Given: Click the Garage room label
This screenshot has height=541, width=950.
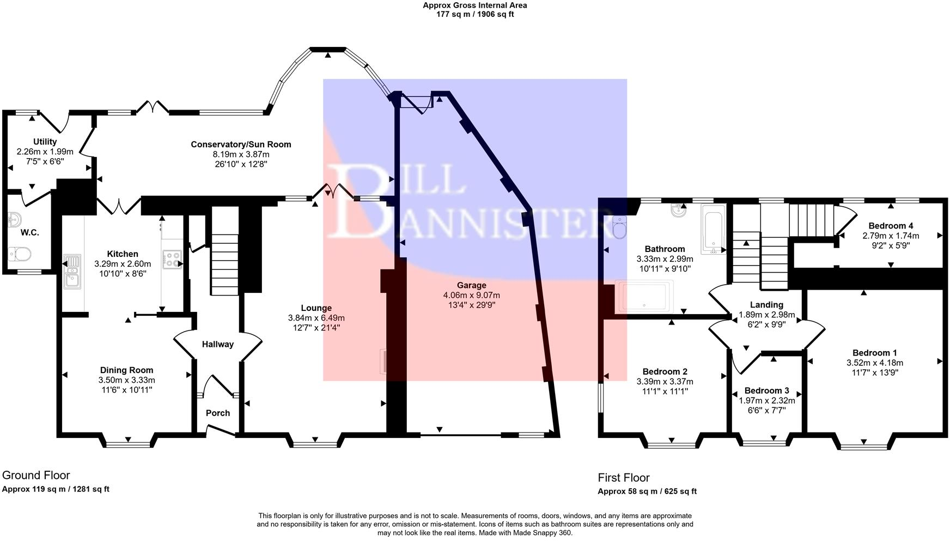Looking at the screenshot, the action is tap(471, 285).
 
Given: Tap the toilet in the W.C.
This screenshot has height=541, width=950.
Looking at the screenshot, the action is tap(22, 254).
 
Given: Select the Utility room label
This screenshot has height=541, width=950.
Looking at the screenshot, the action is tap(45, 142).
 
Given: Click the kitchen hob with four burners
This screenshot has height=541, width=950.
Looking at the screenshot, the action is tap(172, 260).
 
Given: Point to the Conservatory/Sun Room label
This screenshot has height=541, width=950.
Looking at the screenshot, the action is tap(241, 145).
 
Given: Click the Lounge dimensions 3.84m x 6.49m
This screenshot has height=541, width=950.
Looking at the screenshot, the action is tap(316, 318).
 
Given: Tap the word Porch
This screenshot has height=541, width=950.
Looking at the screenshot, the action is tap(218, 413).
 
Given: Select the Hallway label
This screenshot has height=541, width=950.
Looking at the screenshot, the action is tap(218, 344).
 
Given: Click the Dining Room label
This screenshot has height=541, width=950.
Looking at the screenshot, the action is tap(126, 370).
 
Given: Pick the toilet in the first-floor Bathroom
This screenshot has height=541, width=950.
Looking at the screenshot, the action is tap(620, 227).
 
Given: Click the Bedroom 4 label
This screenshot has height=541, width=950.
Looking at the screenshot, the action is tap(891, 226).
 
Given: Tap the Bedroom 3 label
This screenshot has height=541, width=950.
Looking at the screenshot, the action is tap(766, 390).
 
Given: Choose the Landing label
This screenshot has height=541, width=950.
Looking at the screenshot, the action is tap(766, 305).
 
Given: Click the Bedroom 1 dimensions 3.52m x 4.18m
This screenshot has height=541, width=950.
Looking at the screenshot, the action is tap(874, 363).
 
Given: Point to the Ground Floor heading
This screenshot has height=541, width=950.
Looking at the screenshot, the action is tap(36, 475).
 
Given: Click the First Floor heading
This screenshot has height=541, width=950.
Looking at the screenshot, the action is tap(624, 478).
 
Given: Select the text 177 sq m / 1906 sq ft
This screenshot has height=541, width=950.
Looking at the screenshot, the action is tap(475, 14).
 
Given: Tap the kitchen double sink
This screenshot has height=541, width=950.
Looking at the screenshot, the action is tap(72, 271).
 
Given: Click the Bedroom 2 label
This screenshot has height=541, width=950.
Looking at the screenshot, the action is tap(665, 372).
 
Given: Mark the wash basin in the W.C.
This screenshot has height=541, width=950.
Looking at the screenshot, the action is tap(14, 220).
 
